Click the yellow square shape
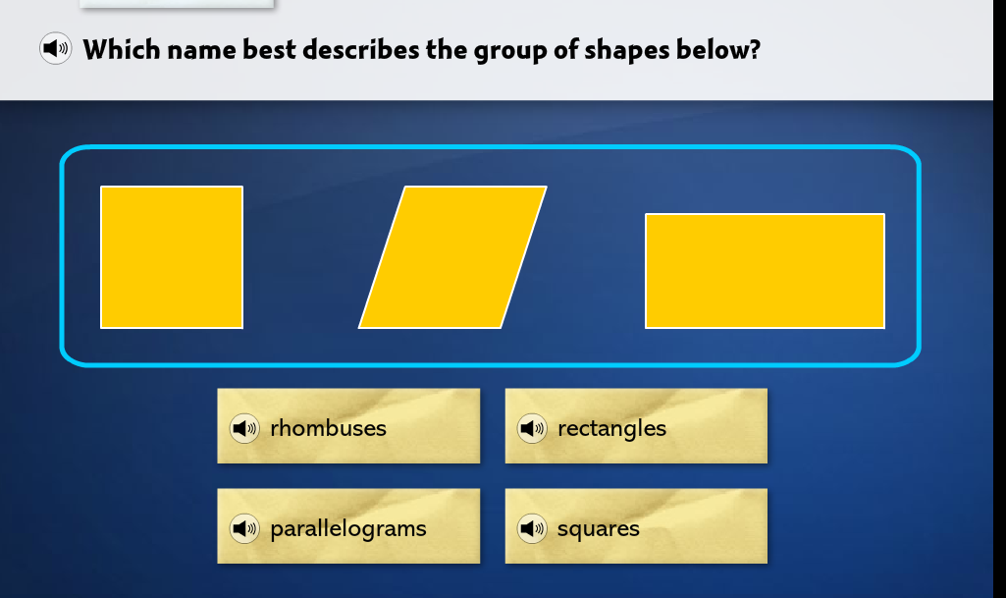click(172, 257)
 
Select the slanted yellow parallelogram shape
click(453, 257)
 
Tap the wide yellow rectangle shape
click(765, 271)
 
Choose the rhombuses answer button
click(348, 426)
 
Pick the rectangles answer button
click(636, 426)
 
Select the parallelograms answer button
click(348, 526)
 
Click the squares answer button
click(636, 526)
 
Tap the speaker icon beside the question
click(56, 48)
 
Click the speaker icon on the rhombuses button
click(244, 428)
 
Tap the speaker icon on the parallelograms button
click(244, 528)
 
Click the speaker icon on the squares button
click(532, 528)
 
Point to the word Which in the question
click(122, 49)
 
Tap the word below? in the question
click(717, 49)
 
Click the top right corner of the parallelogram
click(547, 187)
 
